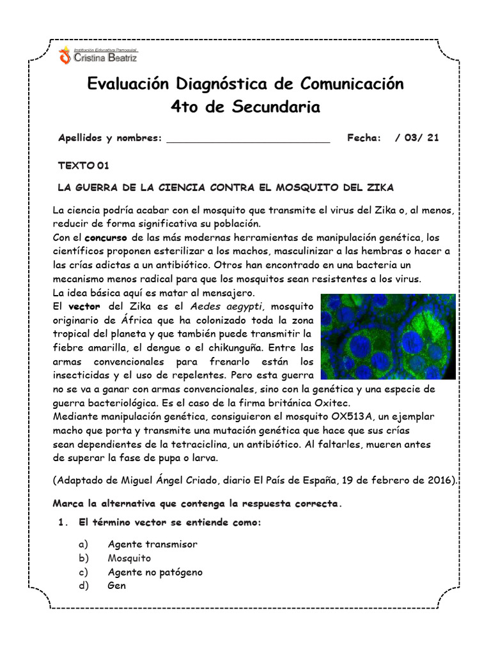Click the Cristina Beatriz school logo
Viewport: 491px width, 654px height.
click(x=97, y=55)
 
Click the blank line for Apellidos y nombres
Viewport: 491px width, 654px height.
click(x=248, y=138)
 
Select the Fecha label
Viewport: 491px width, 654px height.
click(x=364, y=138)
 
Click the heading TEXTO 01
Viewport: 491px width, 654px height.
click(x=84, y=165)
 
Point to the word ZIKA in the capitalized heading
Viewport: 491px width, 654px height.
click(x=380, y=188)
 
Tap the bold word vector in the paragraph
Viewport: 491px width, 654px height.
click(x=84, y=307)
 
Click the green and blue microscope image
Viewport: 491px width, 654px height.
click(x=387, y=337)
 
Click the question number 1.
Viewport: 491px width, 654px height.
click(x=62, y=522)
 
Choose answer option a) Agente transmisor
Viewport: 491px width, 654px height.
click(x=152, y=544)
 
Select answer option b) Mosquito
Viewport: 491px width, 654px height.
click(x=129, y=558)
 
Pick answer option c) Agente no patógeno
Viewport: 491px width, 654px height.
click(x=155, y=572)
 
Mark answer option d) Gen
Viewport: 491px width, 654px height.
click(x=117, y=586)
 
